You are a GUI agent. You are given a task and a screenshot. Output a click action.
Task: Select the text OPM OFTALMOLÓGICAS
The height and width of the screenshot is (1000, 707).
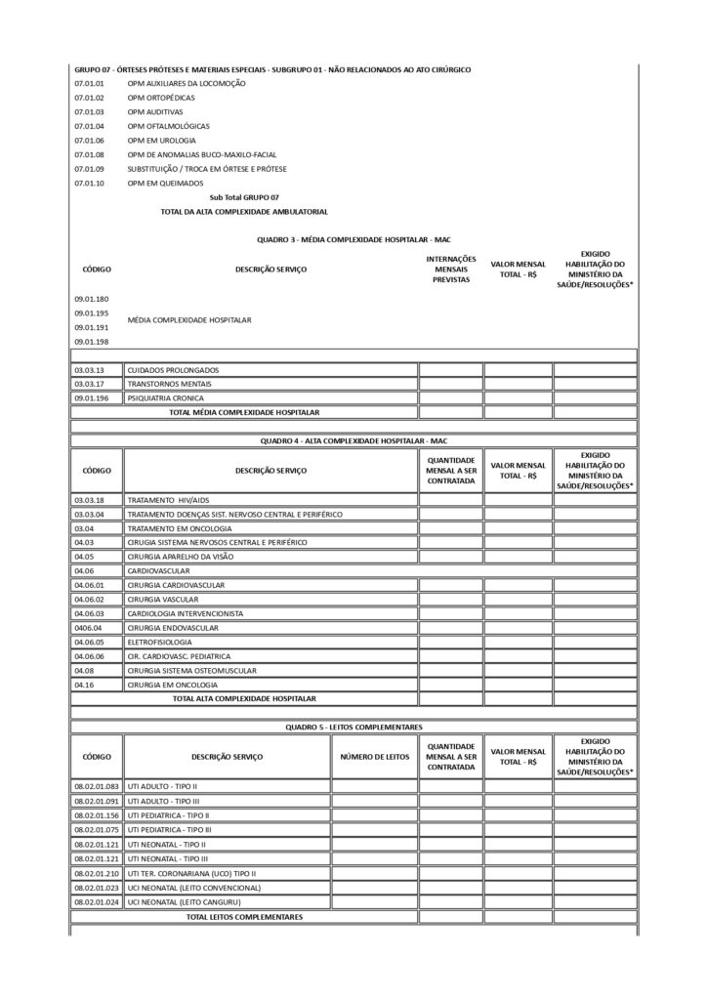[168, 126]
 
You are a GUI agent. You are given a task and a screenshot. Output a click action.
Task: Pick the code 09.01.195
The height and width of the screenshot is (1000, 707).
[91, 312]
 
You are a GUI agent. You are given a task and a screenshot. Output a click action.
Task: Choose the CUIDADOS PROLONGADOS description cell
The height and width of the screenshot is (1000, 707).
[173, 370]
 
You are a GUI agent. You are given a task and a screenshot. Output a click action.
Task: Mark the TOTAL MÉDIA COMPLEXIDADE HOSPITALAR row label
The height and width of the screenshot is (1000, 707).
[244, 413]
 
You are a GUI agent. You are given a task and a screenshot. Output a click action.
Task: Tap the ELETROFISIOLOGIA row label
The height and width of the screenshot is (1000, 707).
[160, 642]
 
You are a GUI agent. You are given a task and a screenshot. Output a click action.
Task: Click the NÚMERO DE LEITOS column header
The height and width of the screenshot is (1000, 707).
[374, 756]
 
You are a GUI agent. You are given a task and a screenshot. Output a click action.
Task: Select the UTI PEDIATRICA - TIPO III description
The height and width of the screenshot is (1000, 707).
[169, 829]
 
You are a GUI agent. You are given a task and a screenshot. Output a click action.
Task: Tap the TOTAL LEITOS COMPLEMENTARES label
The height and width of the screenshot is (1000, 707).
[244, 917]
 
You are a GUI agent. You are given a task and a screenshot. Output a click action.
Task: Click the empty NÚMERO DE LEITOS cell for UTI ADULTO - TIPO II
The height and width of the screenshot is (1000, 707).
[374, 786]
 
